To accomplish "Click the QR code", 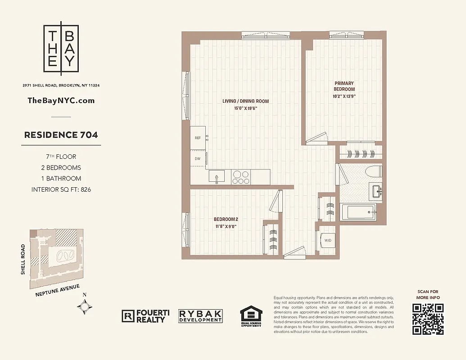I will (428, 319).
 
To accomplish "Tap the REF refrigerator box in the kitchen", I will (198, 138).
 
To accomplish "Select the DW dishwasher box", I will (198, 158).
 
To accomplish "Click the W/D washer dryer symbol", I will (328, 240).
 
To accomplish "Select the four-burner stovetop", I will (241, 176).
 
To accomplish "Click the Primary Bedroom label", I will (344, 86).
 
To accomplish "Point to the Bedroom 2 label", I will (226, 219).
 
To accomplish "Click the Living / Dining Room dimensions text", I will (245, 108).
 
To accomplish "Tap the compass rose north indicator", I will (85, 306).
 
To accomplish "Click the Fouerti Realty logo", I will (144, 316).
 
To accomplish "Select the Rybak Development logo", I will (200, 316).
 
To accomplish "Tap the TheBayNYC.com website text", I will (61, 100).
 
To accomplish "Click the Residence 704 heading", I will (61, 135).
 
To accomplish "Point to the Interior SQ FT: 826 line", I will (61, 189).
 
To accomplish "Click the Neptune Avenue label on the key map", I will (57, 291).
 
